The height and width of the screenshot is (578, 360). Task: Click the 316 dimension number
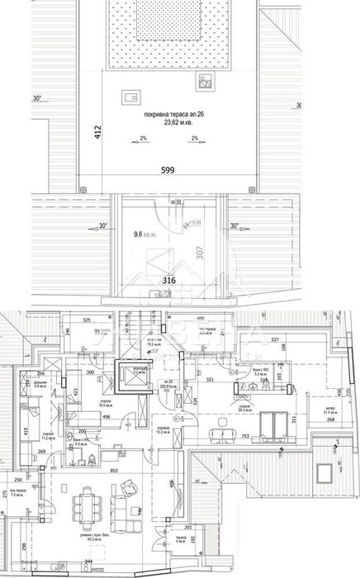pos(168,281)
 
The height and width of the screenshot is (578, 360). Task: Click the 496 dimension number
pos(107,416)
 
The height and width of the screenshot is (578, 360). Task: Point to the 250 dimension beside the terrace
pos(17,478)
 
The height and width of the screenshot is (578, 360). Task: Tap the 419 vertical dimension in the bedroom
pos(26,429)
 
